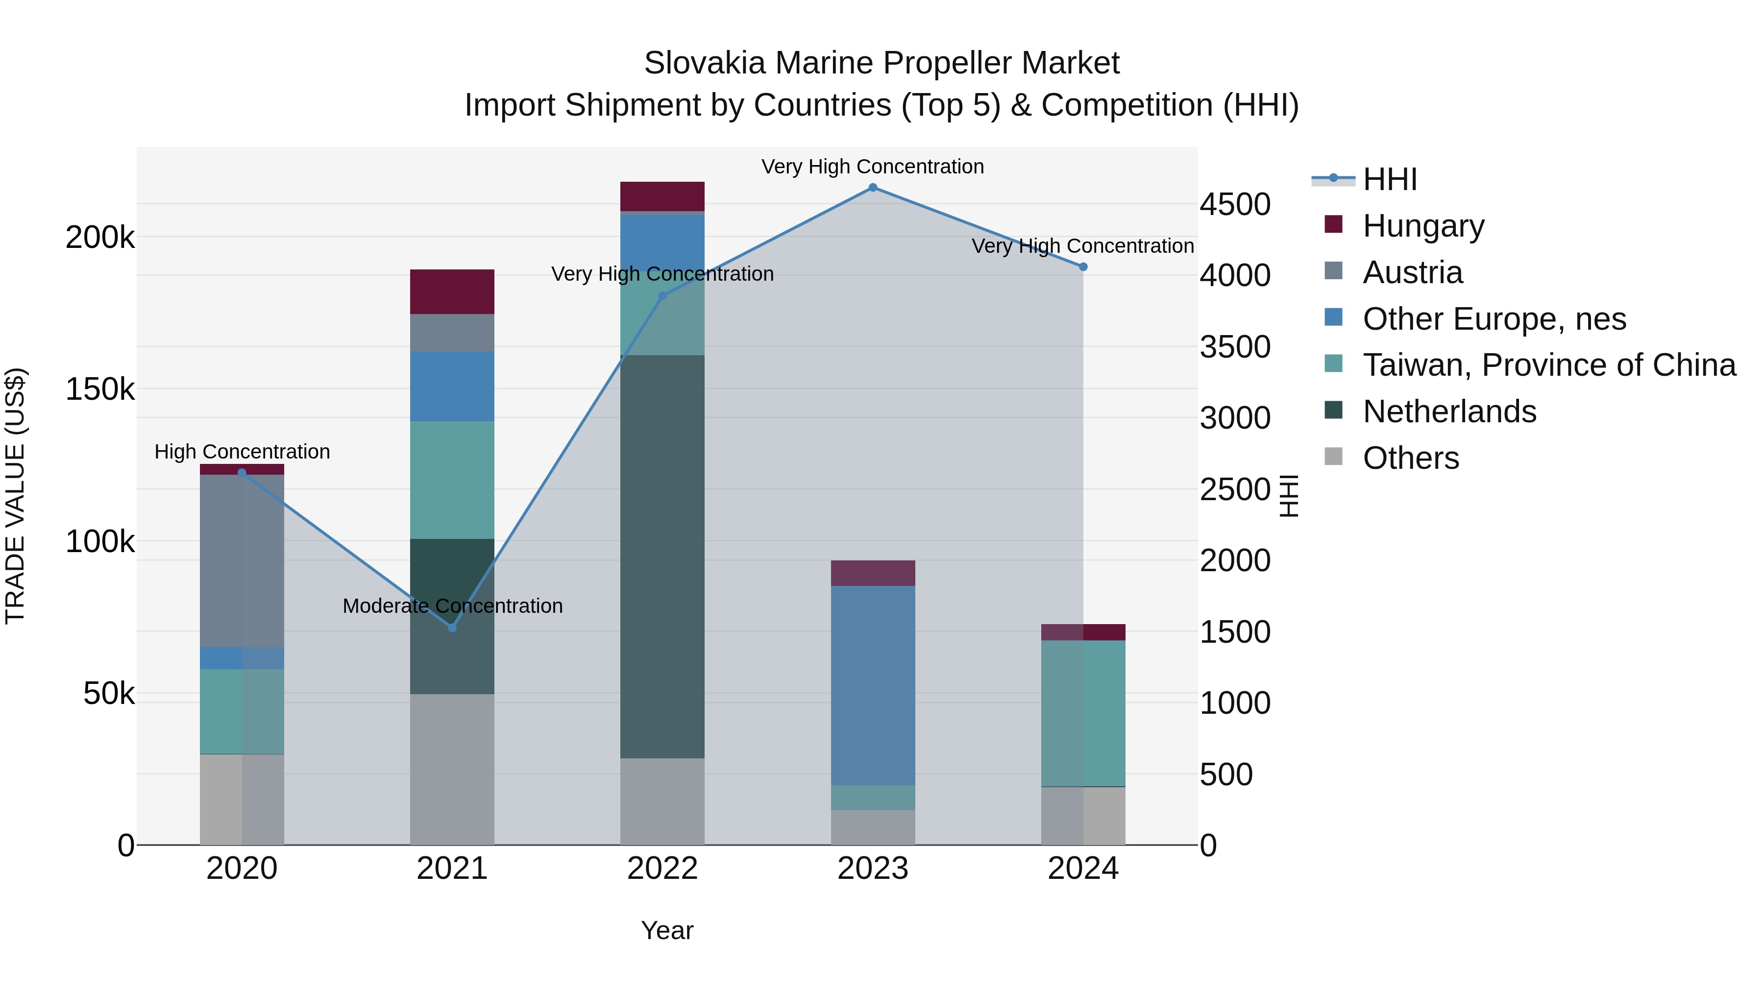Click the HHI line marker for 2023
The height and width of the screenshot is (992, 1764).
pyautogui.click(x=872, y=188)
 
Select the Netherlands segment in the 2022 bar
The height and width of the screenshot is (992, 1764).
pyautogui.click(x=662, y=556)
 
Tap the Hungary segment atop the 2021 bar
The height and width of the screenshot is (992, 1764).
pyautogui.click(x=452, y=291)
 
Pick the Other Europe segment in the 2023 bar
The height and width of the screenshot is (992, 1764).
pyautogui.click(x=872, y=685)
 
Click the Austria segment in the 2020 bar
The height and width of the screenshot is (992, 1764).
pyautogui.click(x=242, y=561)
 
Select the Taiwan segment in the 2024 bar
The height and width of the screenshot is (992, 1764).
pyautogui.click(x=1082, y=713)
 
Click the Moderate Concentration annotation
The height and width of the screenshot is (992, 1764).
pyautogui.click(x=452, y=606)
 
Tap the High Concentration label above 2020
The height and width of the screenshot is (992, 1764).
pyautogui.click(x=242, y=452)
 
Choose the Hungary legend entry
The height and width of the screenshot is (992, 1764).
pyautogui.click(x=1423, y=226)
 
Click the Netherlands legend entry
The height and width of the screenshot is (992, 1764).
pyautogui.click(x=1449, y=411)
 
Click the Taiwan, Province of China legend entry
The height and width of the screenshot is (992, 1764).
pyautogui.click(x=1548, y=365)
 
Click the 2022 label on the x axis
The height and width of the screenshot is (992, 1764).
pyautogui.click(x=662, y=869)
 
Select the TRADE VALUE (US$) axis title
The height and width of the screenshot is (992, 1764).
pyautogui.click(x=15, y=496)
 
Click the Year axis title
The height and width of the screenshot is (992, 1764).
pyautogui.click(x=667, y=930)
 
